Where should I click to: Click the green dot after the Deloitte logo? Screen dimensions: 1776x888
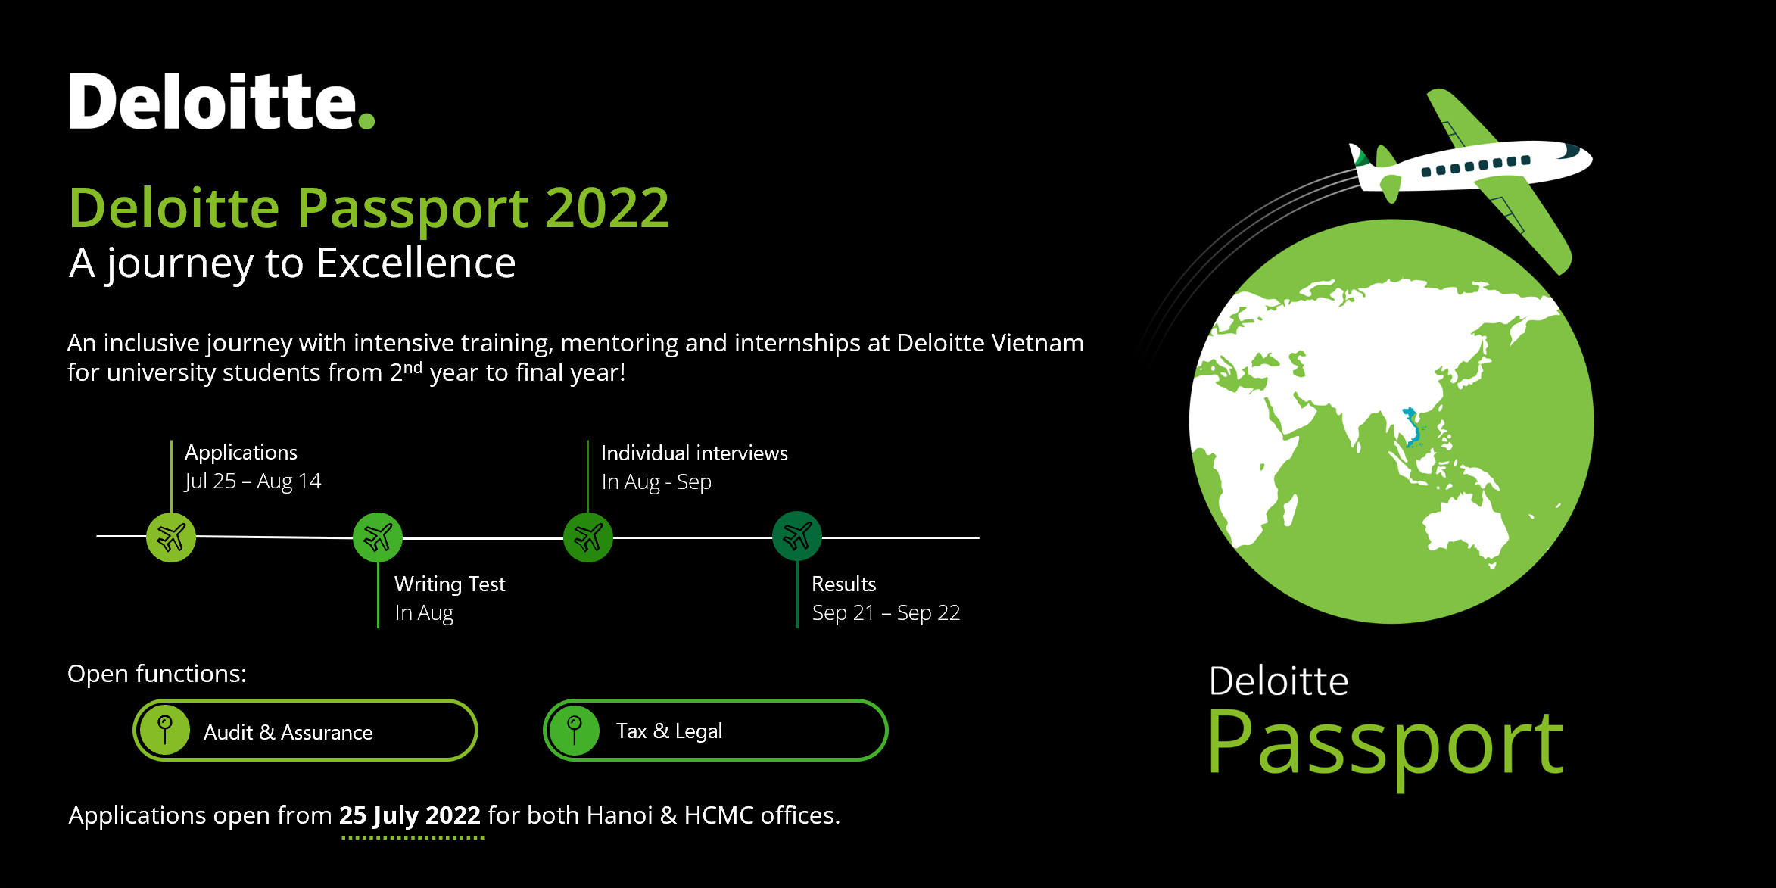tap(366, 120)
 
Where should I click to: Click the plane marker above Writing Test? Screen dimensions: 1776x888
tap(378, 537)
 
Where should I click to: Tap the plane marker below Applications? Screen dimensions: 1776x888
tap(171, 537)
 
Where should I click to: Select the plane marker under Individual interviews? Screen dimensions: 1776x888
tap(588, 537)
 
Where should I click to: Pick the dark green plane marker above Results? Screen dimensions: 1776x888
tap(797, 537)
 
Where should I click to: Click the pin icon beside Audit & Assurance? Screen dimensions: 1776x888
tap(165, 731)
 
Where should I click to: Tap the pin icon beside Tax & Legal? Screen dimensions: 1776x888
tap(575, 731)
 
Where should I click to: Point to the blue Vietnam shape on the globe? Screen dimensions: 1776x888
tap(1413, 427)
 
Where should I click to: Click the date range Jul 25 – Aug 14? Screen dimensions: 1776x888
tap(253, 481)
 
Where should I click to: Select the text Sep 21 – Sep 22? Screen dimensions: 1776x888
tap(886, 613)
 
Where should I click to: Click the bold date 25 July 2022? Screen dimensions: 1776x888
tap(410, 815)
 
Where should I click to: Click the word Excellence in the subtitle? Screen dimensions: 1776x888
tap(416, 263)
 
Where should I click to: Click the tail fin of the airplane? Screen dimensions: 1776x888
tap(1361, 155)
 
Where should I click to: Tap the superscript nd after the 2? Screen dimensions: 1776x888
tap(413, 367)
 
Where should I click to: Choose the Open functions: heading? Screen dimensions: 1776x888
tap(157, 674)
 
